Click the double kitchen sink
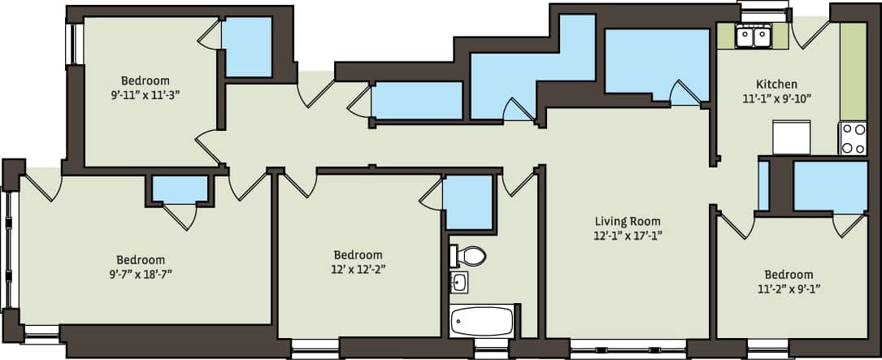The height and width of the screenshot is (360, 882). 754,37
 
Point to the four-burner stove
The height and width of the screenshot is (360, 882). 854,138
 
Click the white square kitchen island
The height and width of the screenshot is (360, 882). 791,137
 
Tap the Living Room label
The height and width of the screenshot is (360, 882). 628,221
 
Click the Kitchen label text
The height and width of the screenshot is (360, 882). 776,84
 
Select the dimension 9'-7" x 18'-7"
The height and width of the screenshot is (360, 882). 140,274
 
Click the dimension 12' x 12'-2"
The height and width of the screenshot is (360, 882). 358,268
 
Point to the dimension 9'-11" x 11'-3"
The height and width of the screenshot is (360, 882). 146,94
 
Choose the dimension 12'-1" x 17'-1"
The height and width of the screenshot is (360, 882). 628,236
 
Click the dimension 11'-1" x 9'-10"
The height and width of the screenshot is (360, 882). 776,98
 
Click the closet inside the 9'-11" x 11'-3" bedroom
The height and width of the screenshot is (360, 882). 247,47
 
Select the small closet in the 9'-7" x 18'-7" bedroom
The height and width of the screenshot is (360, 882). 180,190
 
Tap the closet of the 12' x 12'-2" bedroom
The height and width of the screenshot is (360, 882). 468,202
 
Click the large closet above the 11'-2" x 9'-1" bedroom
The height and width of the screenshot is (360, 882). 830,187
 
